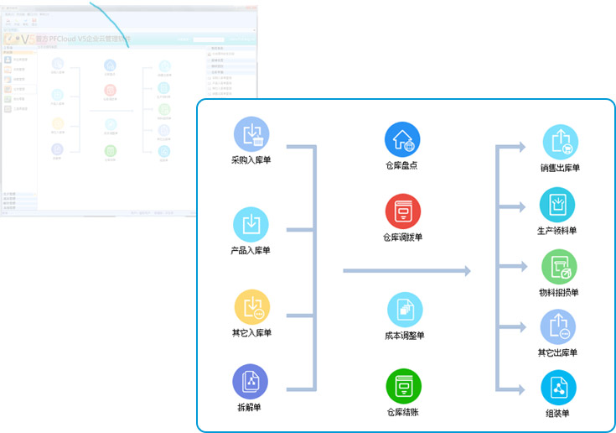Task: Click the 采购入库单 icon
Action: click(x=251, y=134)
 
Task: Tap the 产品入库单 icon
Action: click(x=251, y=224)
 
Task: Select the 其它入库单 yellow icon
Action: click(x=251, y=306)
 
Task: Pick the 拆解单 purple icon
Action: click(x=250, y=381)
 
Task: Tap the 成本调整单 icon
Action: click(x=404, y=310)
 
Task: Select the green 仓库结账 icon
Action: click(x=403, y=386)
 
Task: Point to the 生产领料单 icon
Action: click(x=557, y=204)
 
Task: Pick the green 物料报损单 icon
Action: click(x=559, y=267)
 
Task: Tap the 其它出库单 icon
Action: click(x=557, y=326)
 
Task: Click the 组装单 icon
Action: click(x=557, y=387)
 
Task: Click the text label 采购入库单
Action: click(x=251, y=159)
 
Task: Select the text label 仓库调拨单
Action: click(x=403, y=237)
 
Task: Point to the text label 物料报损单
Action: click(x=559, y=293)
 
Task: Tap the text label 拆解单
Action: click(x=250, y=407)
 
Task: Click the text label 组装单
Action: click(x=557, y=413)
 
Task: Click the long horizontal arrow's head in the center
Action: click(x=465, y=271)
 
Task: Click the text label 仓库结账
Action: click(x=403, y=412)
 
